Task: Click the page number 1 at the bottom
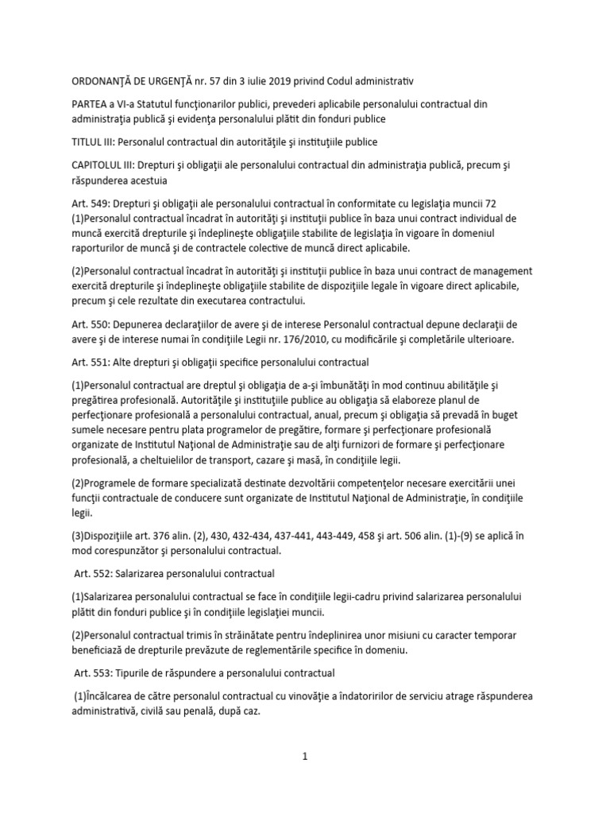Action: tap(304, 757)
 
